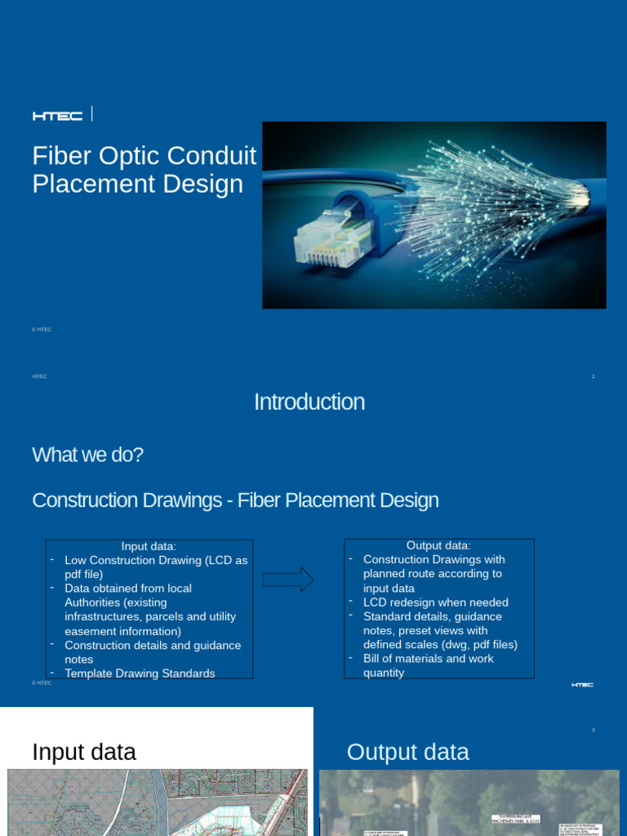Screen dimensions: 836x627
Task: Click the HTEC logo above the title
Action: tap(57, 116)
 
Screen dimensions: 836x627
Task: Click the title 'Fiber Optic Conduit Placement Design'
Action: tap(144, 170)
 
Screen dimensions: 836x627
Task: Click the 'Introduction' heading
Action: tap(309, 402)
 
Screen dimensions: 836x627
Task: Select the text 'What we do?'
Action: tap(87, 455)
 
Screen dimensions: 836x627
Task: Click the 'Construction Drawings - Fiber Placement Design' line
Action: tap(235, 500)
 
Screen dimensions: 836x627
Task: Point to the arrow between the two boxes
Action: tap(287, 579)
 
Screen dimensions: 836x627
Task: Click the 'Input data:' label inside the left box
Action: tap(149, 546)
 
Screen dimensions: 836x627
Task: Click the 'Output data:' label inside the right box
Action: tap(438, 545)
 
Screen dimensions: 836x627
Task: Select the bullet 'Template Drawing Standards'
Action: tap(140, 674)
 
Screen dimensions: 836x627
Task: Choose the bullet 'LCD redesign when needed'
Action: tap(435, 603)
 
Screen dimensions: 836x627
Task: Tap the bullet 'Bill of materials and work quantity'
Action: tap(428, 665)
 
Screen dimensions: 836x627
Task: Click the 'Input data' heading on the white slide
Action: tap(84, 752)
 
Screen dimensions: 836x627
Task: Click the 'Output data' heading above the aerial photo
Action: tap(407, 752)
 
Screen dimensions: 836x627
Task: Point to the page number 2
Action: tap(593, 376)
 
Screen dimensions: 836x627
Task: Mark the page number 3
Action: tap(594, 730)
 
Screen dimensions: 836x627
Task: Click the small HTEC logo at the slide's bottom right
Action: tap(582, 685)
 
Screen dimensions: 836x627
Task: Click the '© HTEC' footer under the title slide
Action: tap(42, 329)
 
